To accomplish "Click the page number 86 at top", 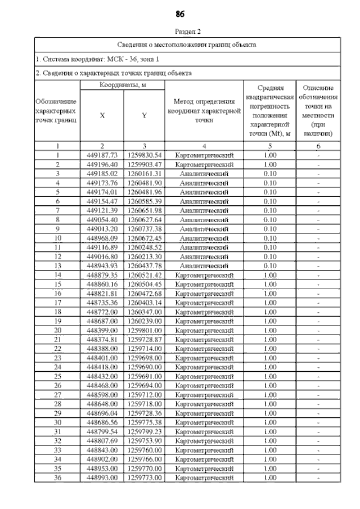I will pyautogui.click(x=180, y=13).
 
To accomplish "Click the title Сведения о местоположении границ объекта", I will pyautogui.click(x=187, y=44).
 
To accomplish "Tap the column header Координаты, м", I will pyautogui.click(x=123, y=85).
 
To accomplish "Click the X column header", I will pyautogui.click(x=102, y=115).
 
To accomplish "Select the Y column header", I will pyautogui.click(x=144, y=115).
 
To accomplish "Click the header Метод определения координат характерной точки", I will pyautogui.click(x=204, y=110).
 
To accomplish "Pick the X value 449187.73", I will pyautogui.click(x=102, y=155).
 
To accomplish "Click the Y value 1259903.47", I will pyautogui.click(x=145, y=164).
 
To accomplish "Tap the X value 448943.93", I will pyautogui.click(x=102, y=265).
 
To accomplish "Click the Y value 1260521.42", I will pyautogui.click(x=145, y=275).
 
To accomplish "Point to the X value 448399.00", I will pyautogui.click(x=102, y=330).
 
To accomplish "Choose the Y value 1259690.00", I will pyautogui.click(x=145, y=367).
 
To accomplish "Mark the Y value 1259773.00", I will pyautogui.click(x=145, y=478).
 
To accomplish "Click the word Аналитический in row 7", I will pyautogui.click(x=204, y=210).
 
